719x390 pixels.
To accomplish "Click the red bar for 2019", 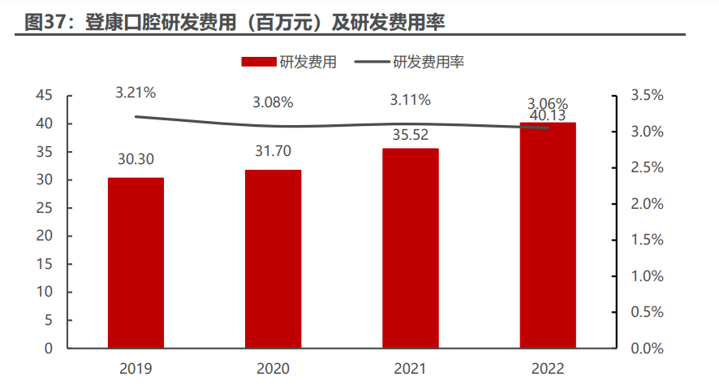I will tap(136, 263).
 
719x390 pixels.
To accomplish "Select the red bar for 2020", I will tap(273, 259).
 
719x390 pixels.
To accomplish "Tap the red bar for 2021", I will tap(411, 249).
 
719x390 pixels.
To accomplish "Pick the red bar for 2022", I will tap(548, 236).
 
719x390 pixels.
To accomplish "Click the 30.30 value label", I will tap(136, 159).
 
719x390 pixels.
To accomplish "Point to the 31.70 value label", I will tap(273, 151).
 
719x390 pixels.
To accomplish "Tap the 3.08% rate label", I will tap(273, 102).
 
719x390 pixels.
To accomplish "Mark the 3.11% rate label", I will tap(411, 100).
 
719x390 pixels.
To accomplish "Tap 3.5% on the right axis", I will tap(648, 96).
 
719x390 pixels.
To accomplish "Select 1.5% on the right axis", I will tap(648, 240).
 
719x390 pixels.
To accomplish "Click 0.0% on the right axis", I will tap(648, 349).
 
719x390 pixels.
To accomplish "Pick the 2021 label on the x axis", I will tap(411, 369).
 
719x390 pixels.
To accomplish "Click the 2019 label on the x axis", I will tap(136, 369).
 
